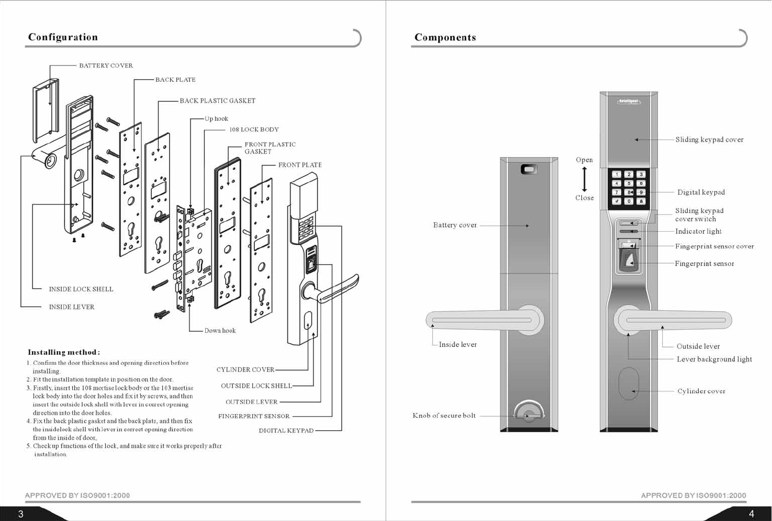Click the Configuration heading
(x=63, y=37)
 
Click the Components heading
(x=445, y=38)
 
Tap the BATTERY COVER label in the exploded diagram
(x=106, y=66)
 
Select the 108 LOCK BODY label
(x=254, y=129)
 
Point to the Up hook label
(x=216, y=119)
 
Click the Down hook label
(x=220, y=331)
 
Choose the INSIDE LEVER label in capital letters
(x=72, y=307)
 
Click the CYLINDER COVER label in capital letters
(x=245, y=370)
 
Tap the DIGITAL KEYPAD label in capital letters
(x=286, y=431)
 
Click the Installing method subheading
(x=63, y=352)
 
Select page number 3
(x=21, y=514)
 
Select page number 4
(x=751, y=514)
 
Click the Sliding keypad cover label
(x=709, y=140)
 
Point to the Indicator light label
(x=698, y=232)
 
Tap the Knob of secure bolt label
(x=444, y=416)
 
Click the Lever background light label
(x=714, y=360)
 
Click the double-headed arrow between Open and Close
(x=585, y=179)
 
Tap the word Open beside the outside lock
(x=584, y=160)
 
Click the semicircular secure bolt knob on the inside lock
(x=529, y=413)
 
